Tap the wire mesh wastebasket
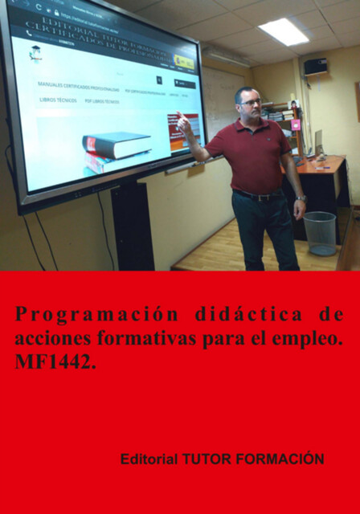coord(319,232)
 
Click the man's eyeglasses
coord(249,103)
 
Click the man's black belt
coord(257,195)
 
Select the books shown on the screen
coord(116,148)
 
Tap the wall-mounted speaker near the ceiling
coord(316,66)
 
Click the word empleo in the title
coord(309,338)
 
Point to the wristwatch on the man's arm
coord(300,198)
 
